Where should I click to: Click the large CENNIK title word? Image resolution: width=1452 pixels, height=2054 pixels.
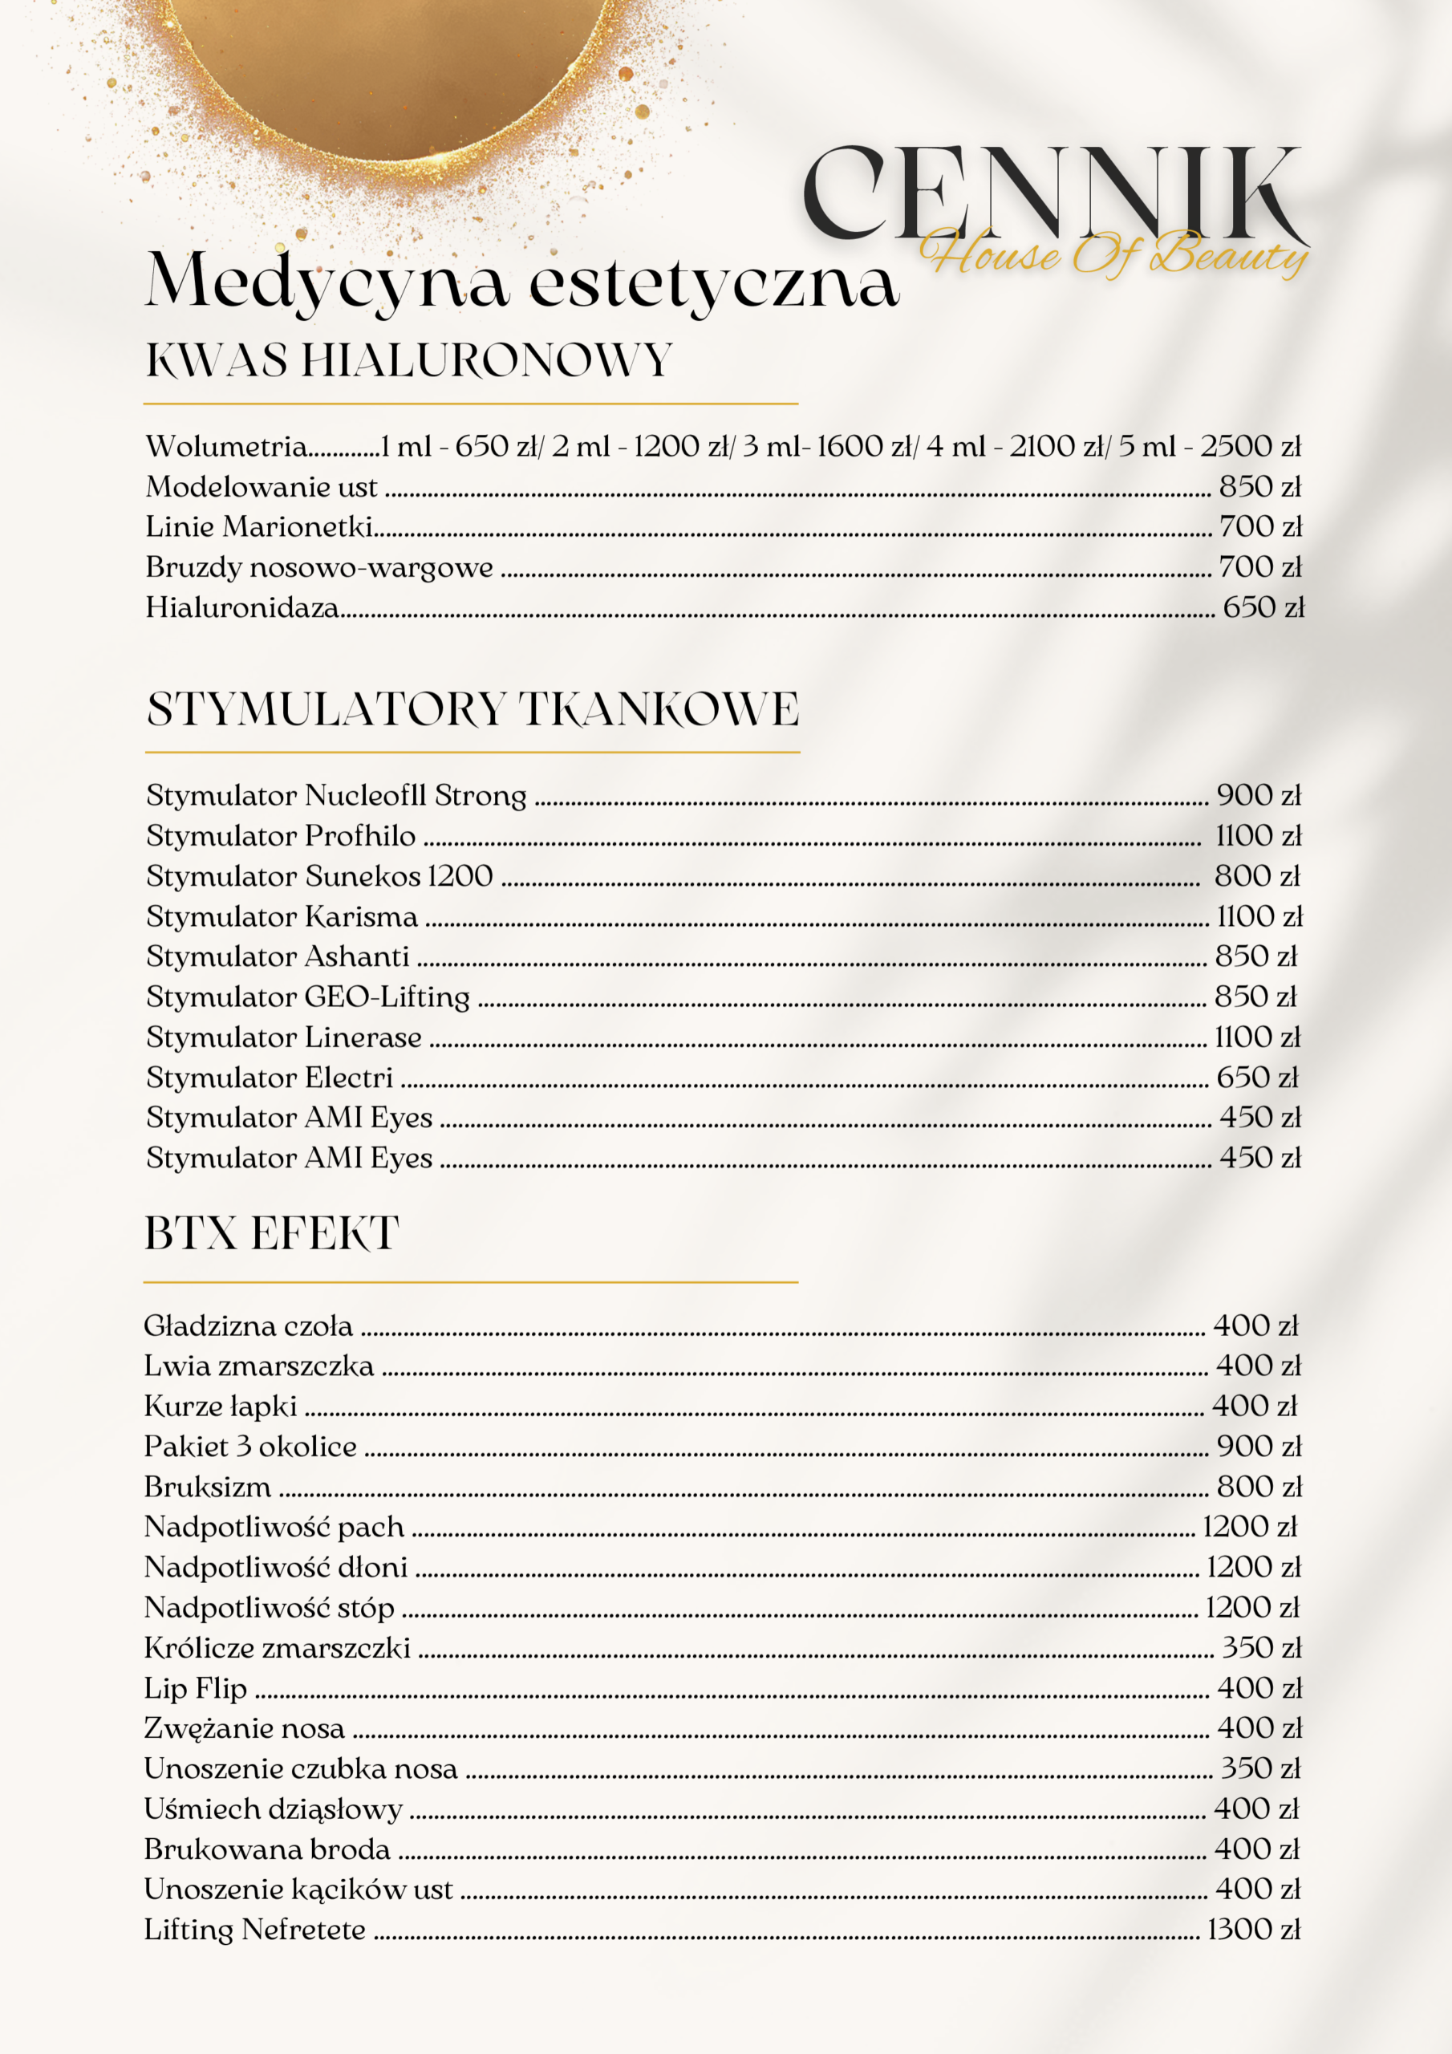tap(1051, 194)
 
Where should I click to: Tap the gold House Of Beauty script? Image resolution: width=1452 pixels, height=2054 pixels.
tap(1113, 254)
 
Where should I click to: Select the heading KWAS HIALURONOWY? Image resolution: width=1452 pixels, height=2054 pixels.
tap(409, 360)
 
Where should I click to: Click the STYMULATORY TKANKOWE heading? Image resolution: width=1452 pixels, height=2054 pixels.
tap(473, 709)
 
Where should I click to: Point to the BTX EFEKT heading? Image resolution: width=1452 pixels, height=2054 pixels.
tap(271, 1234)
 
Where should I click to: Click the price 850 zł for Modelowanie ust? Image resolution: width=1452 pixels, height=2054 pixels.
tap(1259, 487)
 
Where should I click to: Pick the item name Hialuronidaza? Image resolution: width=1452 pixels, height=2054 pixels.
tap(242, 607)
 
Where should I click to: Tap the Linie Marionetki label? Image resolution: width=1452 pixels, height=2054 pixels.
tap(259, 527)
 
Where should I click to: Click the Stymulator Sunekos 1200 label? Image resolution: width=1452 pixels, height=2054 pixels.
tap(319, 876)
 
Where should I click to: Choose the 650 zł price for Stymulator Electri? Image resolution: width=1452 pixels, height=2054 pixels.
tap(1257, 1077)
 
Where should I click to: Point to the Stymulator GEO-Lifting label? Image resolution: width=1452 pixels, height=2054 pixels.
tap(308, 997)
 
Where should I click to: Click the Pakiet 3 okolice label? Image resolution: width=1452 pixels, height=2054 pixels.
tap(250, 1447)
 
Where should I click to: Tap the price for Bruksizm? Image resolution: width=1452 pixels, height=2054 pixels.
tap(1258, 1487)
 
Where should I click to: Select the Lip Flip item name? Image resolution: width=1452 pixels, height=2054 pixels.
tap(195, 1688)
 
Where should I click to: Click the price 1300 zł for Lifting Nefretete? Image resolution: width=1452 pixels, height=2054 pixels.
tap(1253, 1930)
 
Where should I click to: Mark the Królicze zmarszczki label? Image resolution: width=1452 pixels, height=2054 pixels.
tap(278, 1648)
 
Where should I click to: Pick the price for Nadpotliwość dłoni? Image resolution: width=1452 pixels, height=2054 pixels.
tap(1252, 1567)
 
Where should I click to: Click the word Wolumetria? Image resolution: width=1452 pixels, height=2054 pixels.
tap(226, 446)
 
